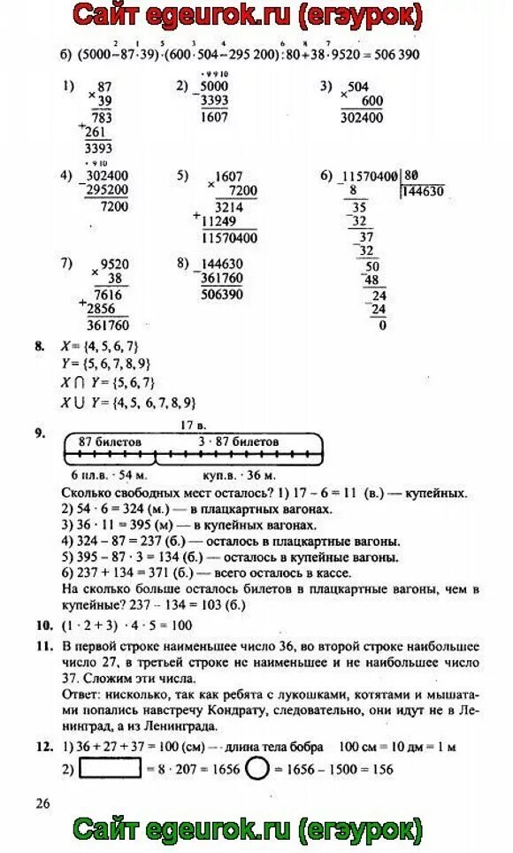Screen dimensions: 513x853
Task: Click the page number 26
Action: pyautogui.click(x=42, y=803)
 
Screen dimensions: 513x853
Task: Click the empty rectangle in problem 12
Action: pyautogui.click(x=111, y=769)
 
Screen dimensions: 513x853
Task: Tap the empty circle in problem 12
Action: pyautogui.click(x=256, y=768)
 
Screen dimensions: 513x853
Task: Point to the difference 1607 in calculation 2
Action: pyautogui.click(x=214, y=116)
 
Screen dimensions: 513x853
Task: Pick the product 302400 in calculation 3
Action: pyautogui.click(x=358, y=116)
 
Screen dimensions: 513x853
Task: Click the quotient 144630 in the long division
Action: pyautogui.click(x=422, y=190)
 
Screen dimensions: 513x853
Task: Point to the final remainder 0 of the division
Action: pyautogui.click(x=382, y=325)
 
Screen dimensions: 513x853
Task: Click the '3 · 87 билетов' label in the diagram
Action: pyautogui.click(x=238, y=441)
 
